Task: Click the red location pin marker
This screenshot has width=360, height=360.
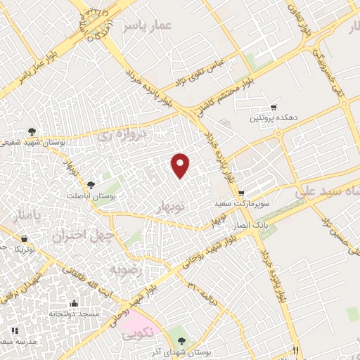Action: click(181, 165)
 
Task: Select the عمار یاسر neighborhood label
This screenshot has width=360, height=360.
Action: click(147, 26)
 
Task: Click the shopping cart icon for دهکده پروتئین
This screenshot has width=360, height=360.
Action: click(273, 108)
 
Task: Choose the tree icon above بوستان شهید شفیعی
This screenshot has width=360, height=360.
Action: click(32, 131)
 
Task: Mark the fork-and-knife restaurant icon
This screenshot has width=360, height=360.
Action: click(297, 350)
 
